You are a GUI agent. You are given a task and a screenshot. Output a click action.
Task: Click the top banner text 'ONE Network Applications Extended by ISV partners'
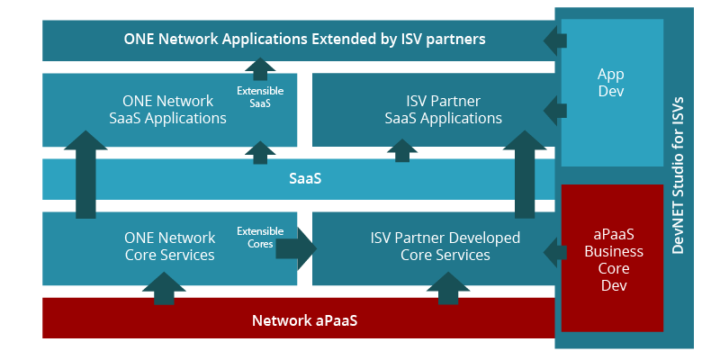coord(305,40)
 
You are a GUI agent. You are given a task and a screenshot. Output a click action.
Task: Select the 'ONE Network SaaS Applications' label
coord(168,109)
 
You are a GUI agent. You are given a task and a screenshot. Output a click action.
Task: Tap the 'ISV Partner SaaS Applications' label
coord(442,109)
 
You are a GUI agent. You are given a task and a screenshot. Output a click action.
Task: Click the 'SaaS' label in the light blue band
coord(305,179)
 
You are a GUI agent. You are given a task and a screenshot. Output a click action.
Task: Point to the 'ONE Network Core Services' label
coord(168,246)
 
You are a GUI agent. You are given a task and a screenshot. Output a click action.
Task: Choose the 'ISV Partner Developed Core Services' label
coord(445,246)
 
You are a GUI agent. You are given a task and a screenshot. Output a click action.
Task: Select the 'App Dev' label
coord(611,83)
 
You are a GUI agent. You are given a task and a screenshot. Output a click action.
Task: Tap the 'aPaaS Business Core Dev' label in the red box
coord(611,259)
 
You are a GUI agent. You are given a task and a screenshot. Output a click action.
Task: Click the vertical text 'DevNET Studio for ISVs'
coord(679,175)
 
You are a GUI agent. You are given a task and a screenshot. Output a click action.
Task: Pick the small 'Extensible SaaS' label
coord(260,97)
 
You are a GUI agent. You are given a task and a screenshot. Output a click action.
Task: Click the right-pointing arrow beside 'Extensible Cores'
coord(296,248)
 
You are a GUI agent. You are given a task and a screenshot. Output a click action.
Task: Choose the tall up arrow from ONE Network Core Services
coord(85,175)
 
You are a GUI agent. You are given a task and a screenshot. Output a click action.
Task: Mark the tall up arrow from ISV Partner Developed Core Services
coord(525,175)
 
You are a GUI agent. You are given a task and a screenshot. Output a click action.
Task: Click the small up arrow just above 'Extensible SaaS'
coord(260,68)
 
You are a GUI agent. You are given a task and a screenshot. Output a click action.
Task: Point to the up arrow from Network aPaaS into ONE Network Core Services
coord(164,288)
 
